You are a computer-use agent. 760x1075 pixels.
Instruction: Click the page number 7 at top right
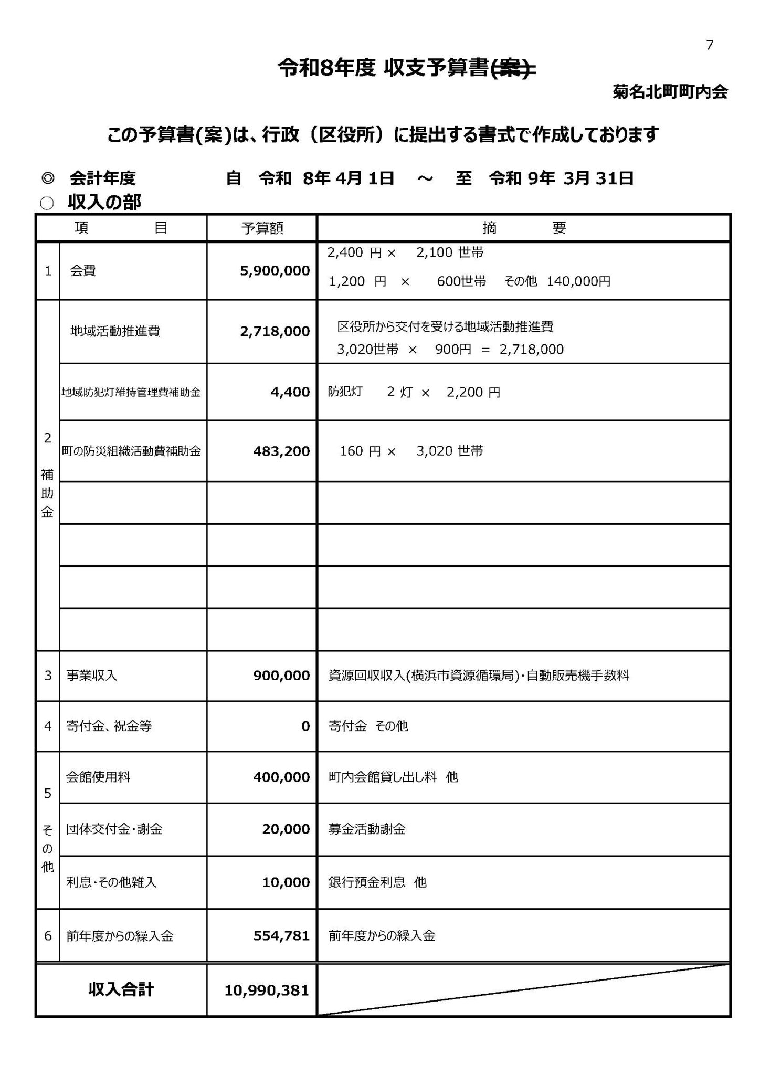710,46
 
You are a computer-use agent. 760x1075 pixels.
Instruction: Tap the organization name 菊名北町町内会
670,92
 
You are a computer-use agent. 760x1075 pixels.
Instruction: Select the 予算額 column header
262,228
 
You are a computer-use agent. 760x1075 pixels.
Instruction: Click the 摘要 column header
524,228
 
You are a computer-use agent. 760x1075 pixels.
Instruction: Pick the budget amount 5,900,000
275,271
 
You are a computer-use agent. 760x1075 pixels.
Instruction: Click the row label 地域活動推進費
115,331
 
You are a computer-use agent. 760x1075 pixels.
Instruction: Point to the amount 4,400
290,392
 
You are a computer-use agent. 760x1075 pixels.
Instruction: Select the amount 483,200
281,451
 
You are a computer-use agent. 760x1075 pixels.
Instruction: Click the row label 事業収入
91,676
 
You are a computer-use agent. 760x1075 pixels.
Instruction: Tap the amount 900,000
281,676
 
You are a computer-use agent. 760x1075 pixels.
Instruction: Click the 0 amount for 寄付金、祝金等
305,726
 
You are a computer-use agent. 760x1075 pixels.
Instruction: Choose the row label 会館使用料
98,777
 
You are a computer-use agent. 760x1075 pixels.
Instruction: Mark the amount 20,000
286,829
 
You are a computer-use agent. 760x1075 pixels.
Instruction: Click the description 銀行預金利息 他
377,882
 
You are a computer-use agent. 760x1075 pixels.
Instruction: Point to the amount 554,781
281,935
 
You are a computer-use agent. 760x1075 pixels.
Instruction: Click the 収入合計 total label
121,990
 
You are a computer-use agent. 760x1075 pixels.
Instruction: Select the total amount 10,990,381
267,990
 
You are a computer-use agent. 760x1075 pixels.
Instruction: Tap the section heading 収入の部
104,202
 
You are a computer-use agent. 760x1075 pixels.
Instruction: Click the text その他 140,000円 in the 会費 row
557,281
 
